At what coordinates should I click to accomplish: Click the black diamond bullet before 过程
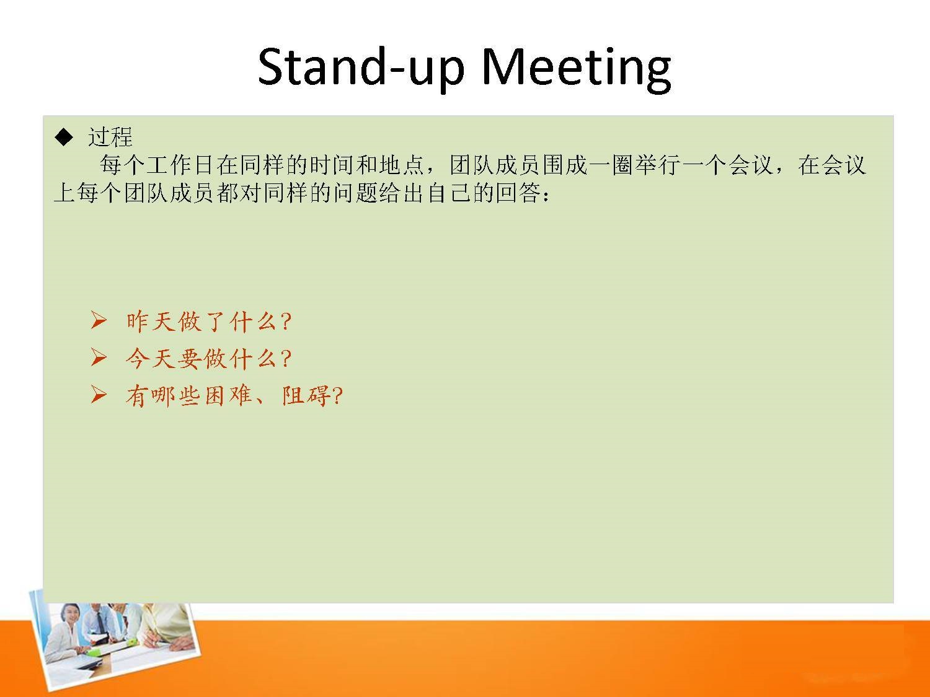point(64,137)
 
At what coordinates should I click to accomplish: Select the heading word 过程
point(110,137)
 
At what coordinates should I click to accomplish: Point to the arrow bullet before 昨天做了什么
point(99,320)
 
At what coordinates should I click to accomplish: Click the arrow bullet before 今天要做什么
point(99,357)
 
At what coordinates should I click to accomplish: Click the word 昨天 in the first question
point(151,321)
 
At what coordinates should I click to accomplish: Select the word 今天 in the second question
point(151,358)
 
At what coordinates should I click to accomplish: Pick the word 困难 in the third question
point(229,396)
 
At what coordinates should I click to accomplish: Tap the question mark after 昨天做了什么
point(286,322)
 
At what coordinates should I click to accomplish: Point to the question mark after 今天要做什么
point(286,359)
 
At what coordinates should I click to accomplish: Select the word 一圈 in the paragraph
point(611,165)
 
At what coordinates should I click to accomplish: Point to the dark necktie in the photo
point(100,622)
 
